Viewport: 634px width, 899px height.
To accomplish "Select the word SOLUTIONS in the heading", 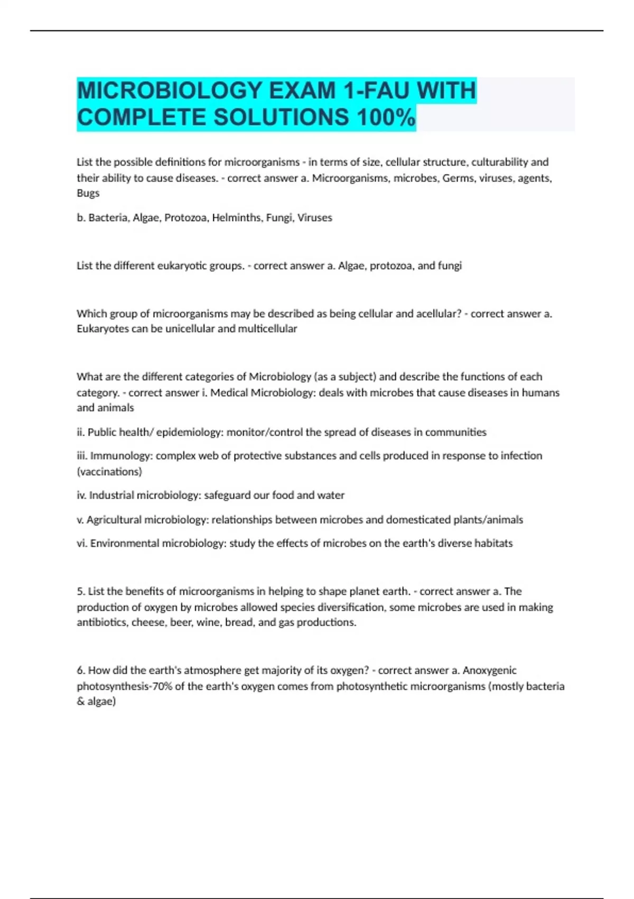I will (281, 117).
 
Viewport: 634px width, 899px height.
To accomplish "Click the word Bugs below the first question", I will (88, 193).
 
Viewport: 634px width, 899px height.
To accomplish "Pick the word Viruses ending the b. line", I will (315, 217).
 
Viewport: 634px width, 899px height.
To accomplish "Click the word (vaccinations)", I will (109, 471).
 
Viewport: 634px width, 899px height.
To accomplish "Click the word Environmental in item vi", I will (125, 543).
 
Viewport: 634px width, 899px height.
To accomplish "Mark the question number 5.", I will (81, 591).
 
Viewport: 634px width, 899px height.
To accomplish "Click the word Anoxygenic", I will (489, 671).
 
